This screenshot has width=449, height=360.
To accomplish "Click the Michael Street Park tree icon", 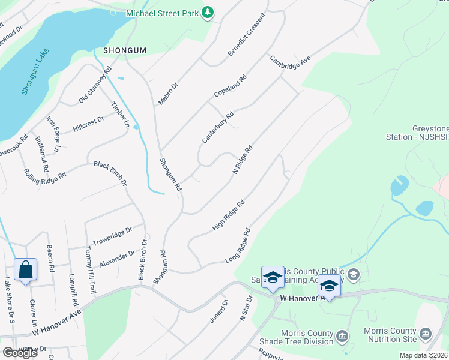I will (x=207, y=12).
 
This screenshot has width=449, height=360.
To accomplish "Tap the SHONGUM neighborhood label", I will (x=124, y=50).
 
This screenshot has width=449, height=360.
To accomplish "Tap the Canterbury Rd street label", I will (x=217, y=127).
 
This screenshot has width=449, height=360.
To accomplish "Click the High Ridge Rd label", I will (x=228, y=216).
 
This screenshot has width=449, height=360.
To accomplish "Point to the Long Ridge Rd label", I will (x=237, y=246).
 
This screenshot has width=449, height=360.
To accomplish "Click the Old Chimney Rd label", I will (x=95, y=85).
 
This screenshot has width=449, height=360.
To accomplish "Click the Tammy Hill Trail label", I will (x=90, y=270).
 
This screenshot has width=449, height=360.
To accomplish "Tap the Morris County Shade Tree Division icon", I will (x=342, y=334).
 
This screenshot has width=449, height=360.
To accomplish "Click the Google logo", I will (x=20, y=353).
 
